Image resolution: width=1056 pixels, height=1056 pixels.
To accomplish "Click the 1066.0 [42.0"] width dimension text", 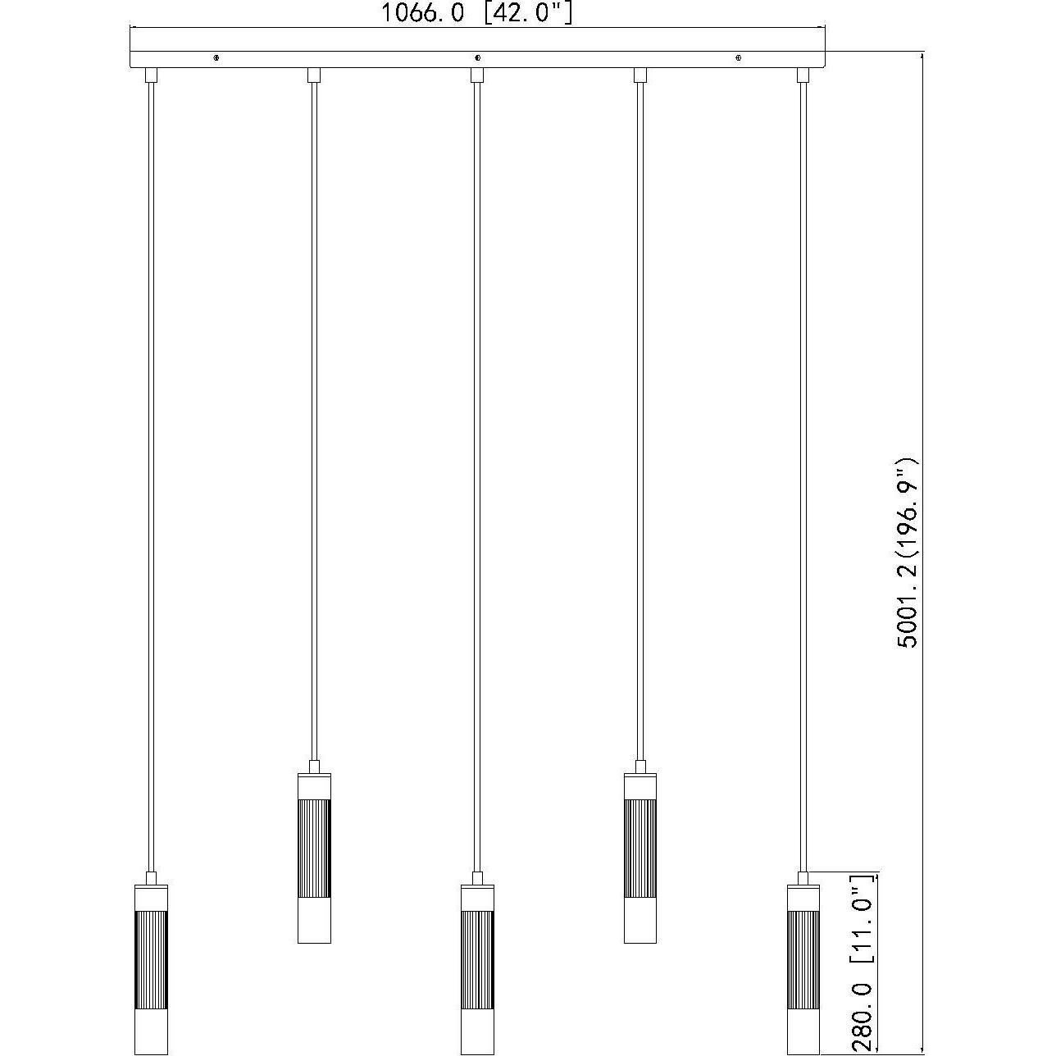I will (x=476, y=13).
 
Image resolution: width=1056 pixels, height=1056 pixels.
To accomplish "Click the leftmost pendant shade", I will (x=151, y=967).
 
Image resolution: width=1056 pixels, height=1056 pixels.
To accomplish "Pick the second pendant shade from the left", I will (x=314, y=858).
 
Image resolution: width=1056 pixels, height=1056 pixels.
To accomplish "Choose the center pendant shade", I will (x=477, y=967).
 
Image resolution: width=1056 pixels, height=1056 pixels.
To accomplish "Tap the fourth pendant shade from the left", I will (x=640, y=858).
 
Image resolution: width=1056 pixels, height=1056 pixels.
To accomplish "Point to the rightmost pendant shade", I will (x=803, y=967).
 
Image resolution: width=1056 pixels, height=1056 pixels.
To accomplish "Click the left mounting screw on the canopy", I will (x=216, y=58).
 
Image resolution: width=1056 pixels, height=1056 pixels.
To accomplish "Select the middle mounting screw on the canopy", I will (x=477, y=58).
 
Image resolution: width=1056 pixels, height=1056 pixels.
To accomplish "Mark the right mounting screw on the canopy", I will (x=739, y=58).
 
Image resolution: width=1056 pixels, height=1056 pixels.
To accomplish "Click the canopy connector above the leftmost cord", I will (x=151, y=75).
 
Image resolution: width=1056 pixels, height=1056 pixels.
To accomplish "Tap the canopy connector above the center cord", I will (x=477, y=75).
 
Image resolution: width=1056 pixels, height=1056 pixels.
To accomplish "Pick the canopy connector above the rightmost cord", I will (x=803, y=75).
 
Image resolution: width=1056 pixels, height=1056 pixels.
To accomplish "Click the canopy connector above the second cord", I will (x=314, y=75).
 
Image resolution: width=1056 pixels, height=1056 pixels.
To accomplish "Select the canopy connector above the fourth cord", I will (x=640, y=75).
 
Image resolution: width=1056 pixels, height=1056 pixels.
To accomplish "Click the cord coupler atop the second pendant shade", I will (x=314, y=766).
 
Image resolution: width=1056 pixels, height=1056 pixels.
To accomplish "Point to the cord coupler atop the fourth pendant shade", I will (x=640, y=766).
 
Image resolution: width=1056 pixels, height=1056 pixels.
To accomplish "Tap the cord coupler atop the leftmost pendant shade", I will (x=151, y=877).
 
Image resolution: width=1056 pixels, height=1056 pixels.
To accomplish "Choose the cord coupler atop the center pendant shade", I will (x=477, y=877).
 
